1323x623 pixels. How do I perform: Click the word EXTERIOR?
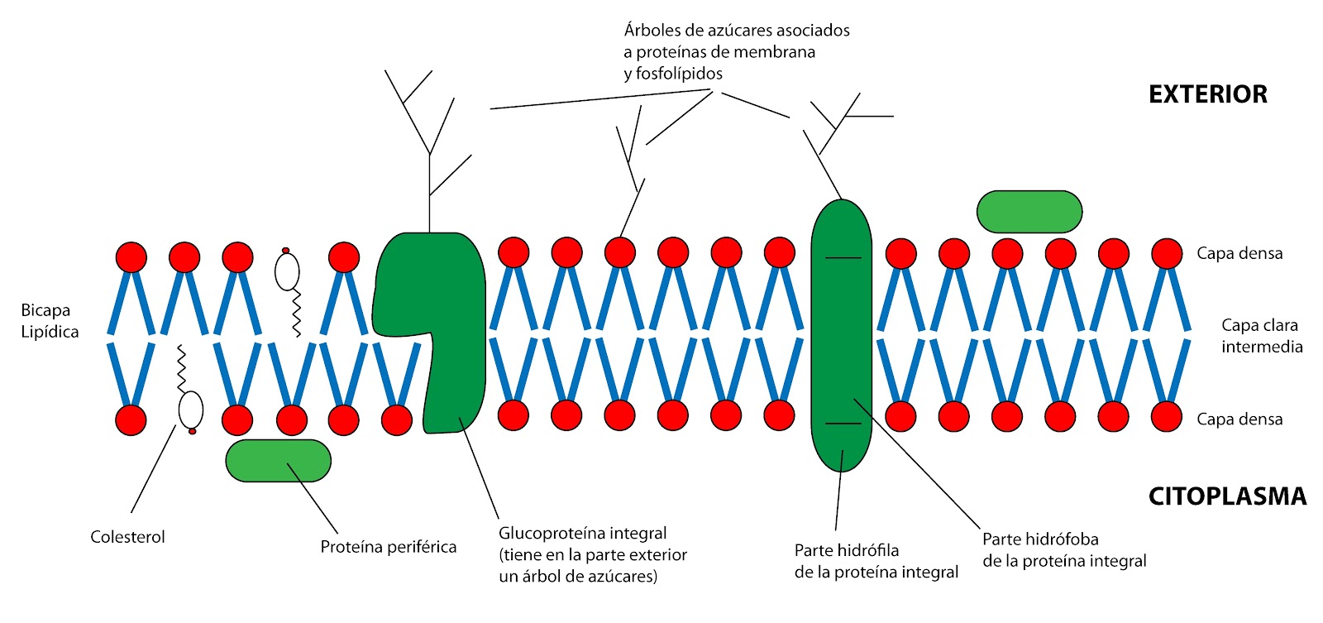[x=1207, y=94]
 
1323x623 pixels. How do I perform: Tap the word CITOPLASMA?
[x=1227, y=496]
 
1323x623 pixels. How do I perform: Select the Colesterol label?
[x=127, y=537]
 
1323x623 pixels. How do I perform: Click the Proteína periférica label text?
[x=388, y=547]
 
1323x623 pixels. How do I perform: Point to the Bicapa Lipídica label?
[x=50, y=321]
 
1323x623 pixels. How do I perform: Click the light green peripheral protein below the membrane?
[x=278, y=461]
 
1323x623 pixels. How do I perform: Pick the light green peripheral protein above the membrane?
[x=1029, y=212]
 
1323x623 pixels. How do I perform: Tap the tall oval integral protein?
[x=841, y=335]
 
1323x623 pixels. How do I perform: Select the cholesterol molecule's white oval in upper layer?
[x=287, y=271]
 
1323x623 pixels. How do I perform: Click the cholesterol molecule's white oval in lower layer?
[x=191, y=409]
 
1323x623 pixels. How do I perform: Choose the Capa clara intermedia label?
[x=1261, y=336]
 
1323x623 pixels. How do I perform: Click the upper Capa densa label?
[x=1239, y=254]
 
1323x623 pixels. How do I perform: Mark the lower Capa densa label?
[x=1239, y=419]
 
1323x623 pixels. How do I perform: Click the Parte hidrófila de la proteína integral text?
[x=876, y=561]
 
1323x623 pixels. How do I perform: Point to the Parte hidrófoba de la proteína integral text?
[x=1063, y=550]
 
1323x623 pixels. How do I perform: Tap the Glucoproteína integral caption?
[x=592, y=554]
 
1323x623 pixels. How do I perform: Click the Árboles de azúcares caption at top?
[x=736, y=52]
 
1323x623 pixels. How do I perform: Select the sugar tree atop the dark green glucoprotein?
[x=429, y=141]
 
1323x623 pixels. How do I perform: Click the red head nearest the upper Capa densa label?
[x=1167, y=254]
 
